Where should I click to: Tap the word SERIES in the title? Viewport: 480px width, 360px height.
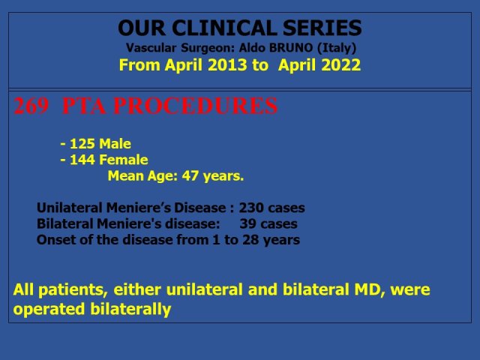tap(322, 28)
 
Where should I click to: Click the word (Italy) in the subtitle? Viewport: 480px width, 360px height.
tap(337, 48)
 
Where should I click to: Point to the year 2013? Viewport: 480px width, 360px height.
tap(226, 65)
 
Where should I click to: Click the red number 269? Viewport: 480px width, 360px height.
tap(31, 106)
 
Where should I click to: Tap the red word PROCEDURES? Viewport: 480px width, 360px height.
tap(195, 106)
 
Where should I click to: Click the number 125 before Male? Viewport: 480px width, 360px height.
tap(82, 144)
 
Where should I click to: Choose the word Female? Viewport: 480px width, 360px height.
tap(124, 160)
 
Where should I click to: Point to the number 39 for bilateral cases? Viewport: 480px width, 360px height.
tap(247, 223)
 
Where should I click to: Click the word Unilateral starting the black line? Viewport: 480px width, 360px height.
tap(70, 208)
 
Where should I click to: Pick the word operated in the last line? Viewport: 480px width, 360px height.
tap(49, 310)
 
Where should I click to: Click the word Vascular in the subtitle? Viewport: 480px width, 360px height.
tap(151, 48)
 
